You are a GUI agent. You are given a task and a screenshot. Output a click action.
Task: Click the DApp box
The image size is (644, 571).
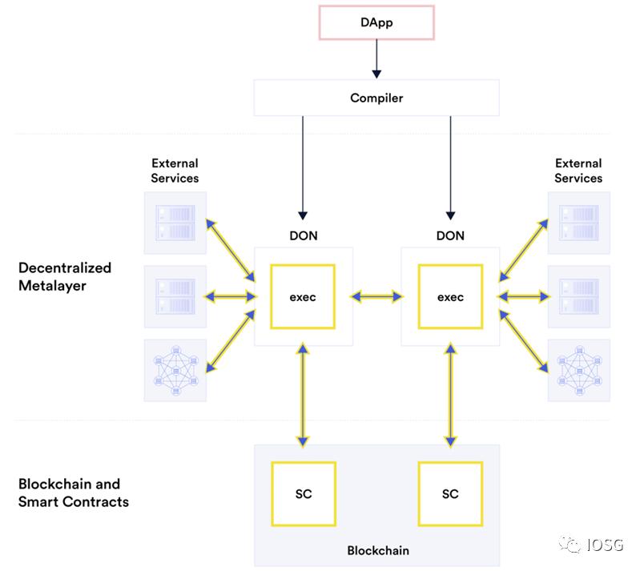point(376,22)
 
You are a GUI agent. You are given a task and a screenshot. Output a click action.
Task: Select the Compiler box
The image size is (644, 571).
point(376,99)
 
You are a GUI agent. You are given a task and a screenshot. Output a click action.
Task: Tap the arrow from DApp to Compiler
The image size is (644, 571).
point(376,59)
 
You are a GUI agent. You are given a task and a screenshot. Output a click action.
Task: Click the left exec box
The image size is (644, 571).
point(303,297)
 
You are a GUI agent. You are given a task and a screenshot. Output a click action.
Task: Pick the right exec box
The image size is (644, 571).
point(450,297)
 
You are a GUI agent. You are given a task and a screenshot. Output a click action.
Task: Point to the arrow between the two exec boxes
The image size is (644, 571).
point(376,297)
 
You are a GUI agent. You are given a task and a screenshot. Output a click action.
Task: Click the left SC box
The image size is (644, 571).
point(303,493)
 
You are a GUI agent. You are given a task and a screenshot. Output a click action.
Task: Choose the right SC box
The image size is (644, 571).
point(450,493)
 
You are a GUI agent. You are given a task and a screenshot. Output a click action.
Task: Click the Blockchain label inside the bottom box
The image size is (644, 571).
point(377,550)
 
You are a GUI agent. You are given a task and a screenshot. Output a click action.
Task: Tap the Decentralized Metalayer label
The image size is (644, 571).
point(65,276)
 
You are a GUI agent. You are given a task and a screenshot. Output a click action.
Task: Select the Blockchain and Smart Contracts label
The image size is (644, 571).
point(73,493)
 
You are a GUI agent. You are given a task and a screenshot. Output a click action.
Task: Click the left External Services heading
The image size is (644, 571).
point(175,171)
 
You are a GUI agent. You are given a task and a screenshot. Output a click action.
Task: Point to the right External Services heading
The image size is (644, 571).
point(578,171)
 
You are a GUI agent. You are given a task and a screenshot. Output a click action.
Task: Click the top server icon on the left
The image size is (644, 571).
point(175,222)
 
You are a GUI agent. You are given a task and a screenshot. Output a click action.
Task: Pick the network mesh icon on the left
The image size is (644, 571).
point(175,370)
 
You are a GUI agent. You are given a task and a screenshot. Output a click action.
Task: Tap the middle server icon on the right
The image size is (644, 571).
point(578,296)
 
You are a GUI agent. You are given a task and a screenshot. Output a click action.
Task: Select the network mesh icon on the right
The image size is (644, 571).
point(578,370)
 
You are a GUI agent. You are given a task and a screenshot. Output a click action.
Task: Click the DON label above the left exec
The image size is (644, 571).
point(303,235)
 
